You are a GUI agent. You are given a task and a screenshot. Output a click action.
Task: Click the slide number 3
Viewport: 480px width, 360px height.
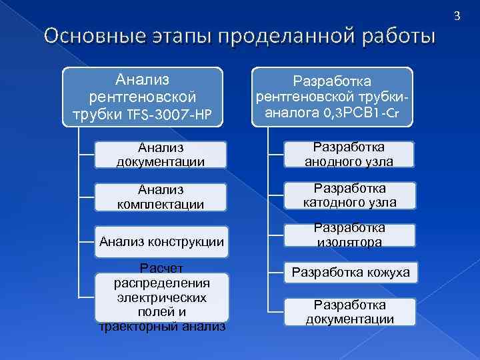pyautogui.click(x=457, y=15)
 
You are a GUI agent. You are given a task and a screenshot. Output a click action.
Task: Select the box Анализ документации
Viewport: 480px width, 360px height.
pyautogui.click(x=161, y=154)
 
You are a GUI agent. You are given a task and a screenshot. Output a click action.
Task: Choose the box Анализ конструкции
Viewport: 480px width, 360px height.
pyautogui.click(x=161, y=241)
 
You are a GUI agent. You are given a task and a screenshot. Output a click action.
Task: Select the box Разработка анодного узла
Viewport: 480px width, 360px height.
pyautogui.click(x=349, y=154)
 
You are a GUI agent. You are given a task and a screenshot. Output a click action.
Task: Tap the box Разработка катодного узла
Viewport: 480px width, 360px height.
pyautogui.click(x=349, y=195)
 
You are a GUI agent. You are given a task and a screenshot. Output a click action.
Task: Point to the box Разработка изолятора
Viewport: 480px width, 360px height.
pyautogui.click(x=349, y=235)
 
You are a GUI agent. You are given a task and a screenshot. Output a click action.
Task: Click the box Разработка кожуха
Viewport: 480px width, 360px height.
pyautogui.click(x=349, y=272)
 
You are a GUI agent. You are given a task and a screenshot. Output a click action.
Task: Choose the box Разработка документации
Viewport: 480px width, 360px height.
pyautogui.click(x=349, y=311)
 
